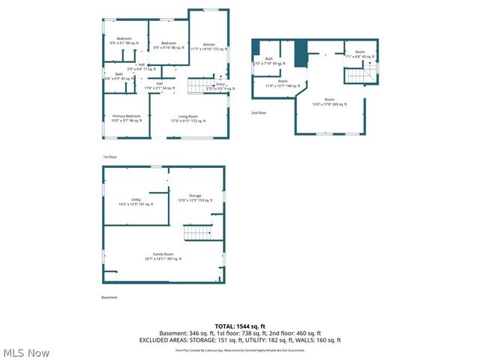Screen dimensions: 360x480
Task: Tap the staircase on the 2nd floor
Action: tap(359, 73)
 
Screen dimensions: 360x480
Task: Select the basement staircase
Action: tap(198, 231)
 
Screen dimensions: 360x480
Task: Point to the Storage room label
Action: tap(195, 198)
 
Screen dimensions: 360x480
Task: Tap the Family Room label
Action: tap(163, 256)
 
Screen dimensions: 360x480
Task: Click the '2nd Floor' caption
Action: tap(259, 112)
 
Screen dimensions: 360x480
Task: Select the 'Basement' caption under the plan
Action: tap(109, 298)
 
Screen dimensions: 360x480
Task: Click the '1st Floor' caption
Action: tap(110, 157)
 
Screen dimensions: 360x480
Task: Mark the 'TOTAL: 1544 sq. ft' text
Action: tap(240, 326)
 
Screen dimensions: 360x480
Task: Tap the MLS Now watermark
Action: tap(25, 352)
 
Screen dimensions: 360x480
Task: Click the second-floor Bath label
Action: tap(269, 61)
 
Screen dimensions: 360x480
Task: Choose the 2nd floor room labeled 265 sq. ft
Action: tap(329, 101)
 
